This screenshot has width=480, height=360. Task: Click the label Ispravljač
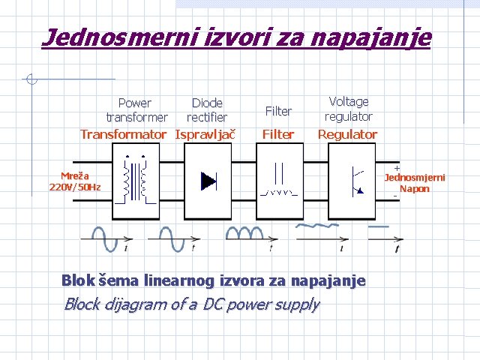click(x=205, y=134)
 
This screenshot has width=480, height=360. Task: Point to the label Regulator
click(x=348, y=134)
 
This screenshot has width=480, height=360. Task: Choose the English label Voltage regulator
click(x=348, y=109)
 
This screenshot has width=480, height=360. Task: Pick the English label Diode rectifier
click(x=207, y=110)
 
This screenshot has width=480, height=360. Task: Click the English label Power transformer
click(x=136, y=110)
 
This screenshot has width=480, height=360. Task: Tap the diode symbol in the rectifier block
click(x=208, y=181)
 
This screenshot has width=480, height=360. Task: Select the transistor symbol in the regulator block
click(x=355, y=180)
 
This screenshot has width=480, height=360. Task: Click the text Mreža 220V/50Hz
click(x=75, y=181)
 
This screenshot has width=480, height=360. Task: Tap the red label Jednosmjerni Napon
click(x=415, y=184)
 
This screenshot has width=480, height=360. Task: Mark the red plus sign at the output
click(x=397, y=168)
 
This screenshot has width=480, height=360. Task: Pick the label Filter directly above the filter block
click(x=277, y=134)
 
